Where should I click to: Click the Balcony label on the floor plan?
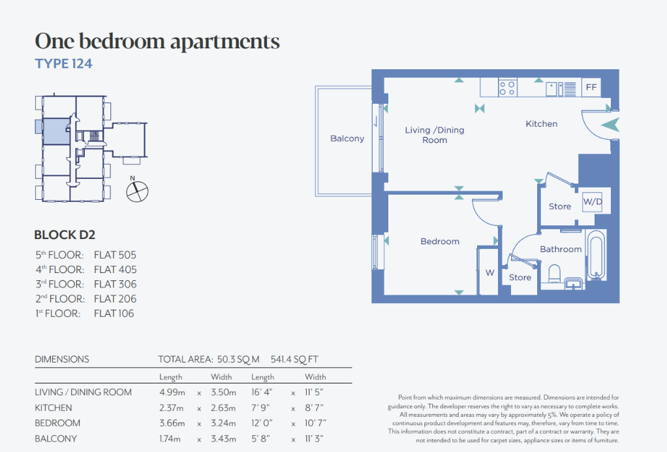(x=347, y=138)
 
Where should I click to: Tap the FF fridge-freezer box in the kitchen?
(x=591, y=88)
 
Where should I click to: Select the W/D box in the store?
(x=593, y=201)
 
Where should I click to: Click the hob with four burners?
(x=508, y=88)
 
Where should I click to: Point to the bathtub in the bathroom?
(x=596, y=255)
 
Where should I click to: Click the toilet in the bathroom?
(x=555, y=274)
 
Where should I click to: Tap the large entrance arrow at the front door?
(x=610, y=125)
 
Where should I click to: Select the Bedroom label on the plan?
(x=440, y=241)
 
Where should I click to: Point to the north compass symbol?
(x=137, y=190)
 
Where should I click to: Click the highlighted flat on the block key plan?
(x=56, y=131)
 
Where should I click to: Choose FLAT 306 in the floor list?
(x=115, y=284)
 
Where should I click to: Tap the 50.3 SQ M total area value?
(x=238, y=359)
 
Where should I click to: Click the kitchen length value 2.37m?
(x=172, y=408)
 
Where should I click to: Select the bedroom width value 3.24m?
(x=223, y=423)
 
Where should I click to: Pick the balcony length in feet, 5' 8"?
(x=261, y=438)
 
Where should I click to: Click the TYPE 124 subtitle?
(x=63, y=64)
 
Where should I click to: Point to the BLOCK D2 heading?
(x=65, y=235)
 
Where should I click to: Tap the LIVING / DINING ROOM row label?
(x=83, y=392)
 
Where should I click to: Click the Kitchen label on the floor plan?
(x=541, y=124)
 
